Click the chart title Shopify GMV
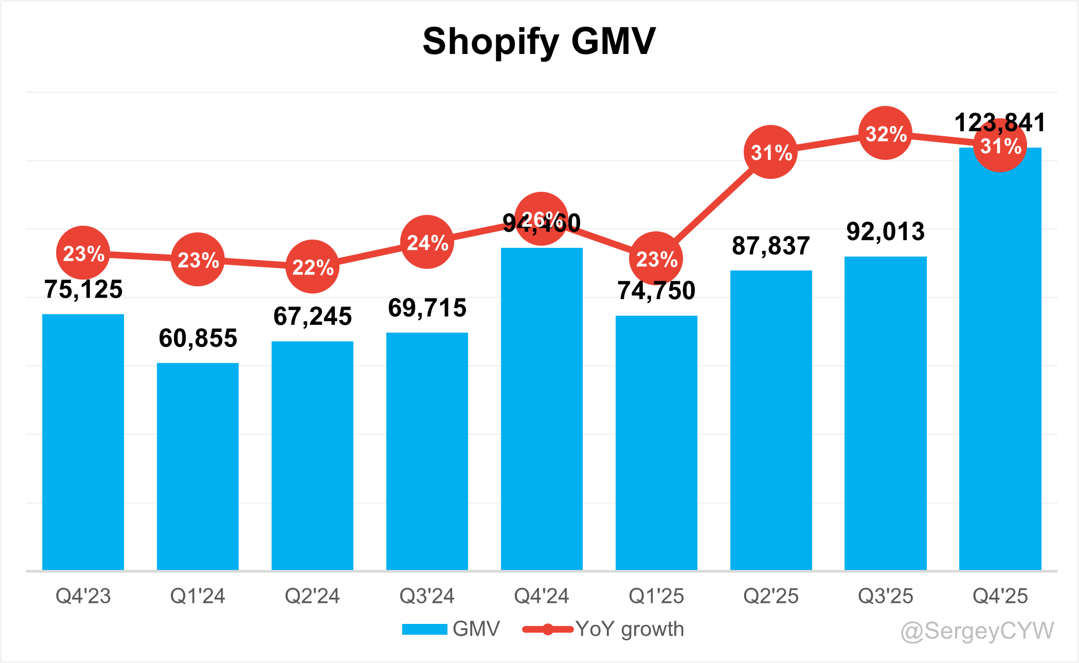coord(539,41)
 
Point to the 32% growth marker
coord(885,133)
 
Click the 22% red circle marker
coord(312,266)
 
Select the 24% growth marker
coord(427,242)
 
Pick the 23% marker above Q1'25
coord(656,258)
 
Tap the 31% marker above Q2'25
coord(770,152)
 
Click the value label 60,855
coord(197,338)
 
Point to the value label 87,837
coord(770,246)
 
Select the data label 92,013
coord(885,232)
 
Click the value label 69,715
coord(427,308)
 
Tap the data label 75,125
coord(83,289)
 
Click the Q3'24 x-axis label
coord(427,596)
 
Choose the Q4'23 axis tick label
coord(83,596)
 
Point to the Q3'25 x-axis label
coord(885,596)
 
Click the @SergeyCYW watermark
coord(977,631)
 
